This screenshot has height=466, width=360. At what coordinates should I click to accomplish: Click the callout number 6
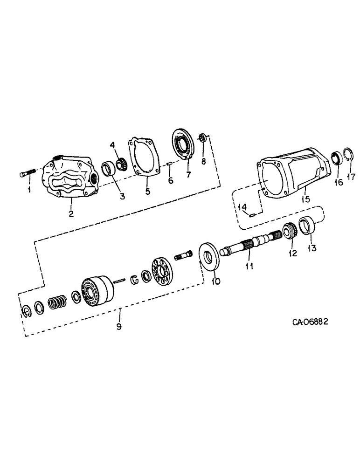(x=171, y=180)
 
